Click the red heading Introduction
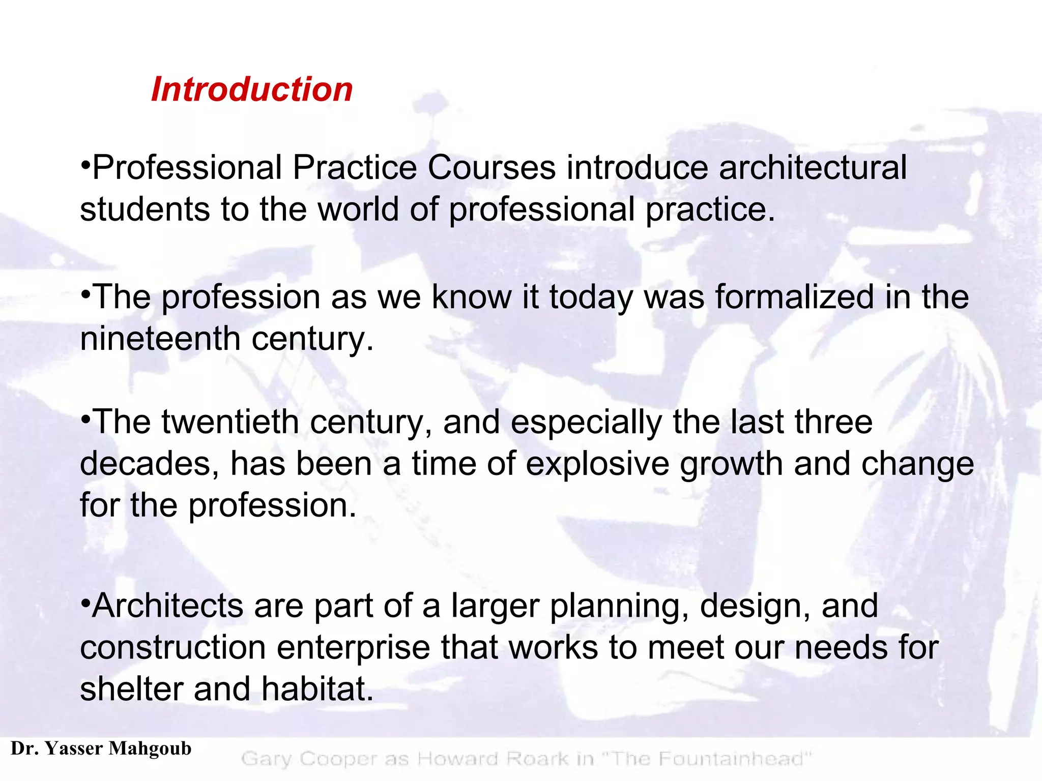[x=252, y=89]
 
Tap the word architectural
[x=813, y=168]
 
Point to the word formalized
[x=794, y=297]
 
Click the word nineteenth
[x=160, y=339]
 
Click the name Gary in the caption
[x=267, y=759]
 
